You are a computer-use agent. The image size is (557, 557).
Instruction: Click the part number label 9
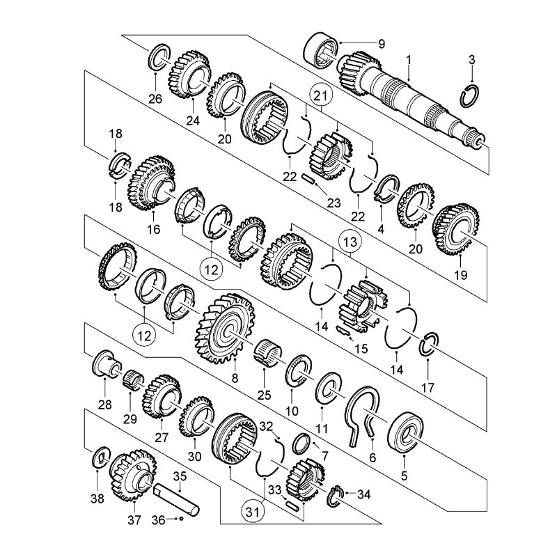[382, 44]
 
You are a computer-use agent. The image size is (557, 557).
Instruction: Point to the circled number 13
[350, 242]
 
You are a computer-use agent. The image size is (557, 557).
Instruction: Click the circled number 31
[253, 512]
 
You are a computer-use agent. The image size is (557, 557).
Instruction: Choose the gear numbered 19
[456, 229]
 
